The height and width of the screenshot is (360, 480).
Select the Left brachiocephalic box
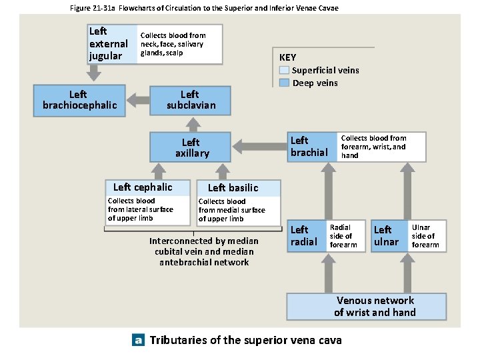pyautogui.click(x=80, y=100)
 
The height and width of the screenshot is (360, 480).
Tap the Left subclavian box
pyautogui.click(x=191, y=100)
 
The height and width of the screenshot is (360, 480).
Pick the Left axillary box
pyautogui.click(x=191, y=147)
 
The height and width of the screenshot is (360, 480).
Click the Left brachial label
pyautogui.click(x=309, y=147)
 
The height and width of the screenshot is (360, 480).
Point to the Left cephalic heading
pyautogui.click(x=143, y=187)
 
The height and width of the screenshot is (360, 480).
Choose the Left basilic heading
pyautogui.click(x=233, y=188)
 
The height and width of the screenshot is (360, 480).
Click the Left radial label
pyautogui.click(x=304, y=236)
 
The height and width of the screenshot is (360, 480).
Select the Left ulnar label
pyautogui.click(x=386, y=236)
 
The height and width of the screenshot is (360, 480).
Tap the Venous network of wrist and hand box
pyautogui.click(x=375, y=307)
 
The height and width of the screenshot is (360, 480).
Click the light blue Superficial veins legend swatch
pyautogui.click(x=285, y=70)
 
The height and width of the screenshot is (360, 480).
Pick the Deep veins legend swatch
pyautogui.click(x=285, y=83)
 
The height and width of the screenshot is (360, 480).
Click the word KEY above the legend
pyautogui.click(x=287, y=57)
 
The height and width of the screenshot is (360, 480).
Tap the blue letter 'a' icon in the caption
pyautogui.click(x=138, y=340)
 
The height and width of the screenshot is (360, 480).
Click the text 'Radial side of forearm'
pyautogui.click(x=343, y=236)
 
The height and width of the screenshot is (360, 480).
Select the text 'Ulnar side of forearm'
pyautogui.click(x=425, y=236)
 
